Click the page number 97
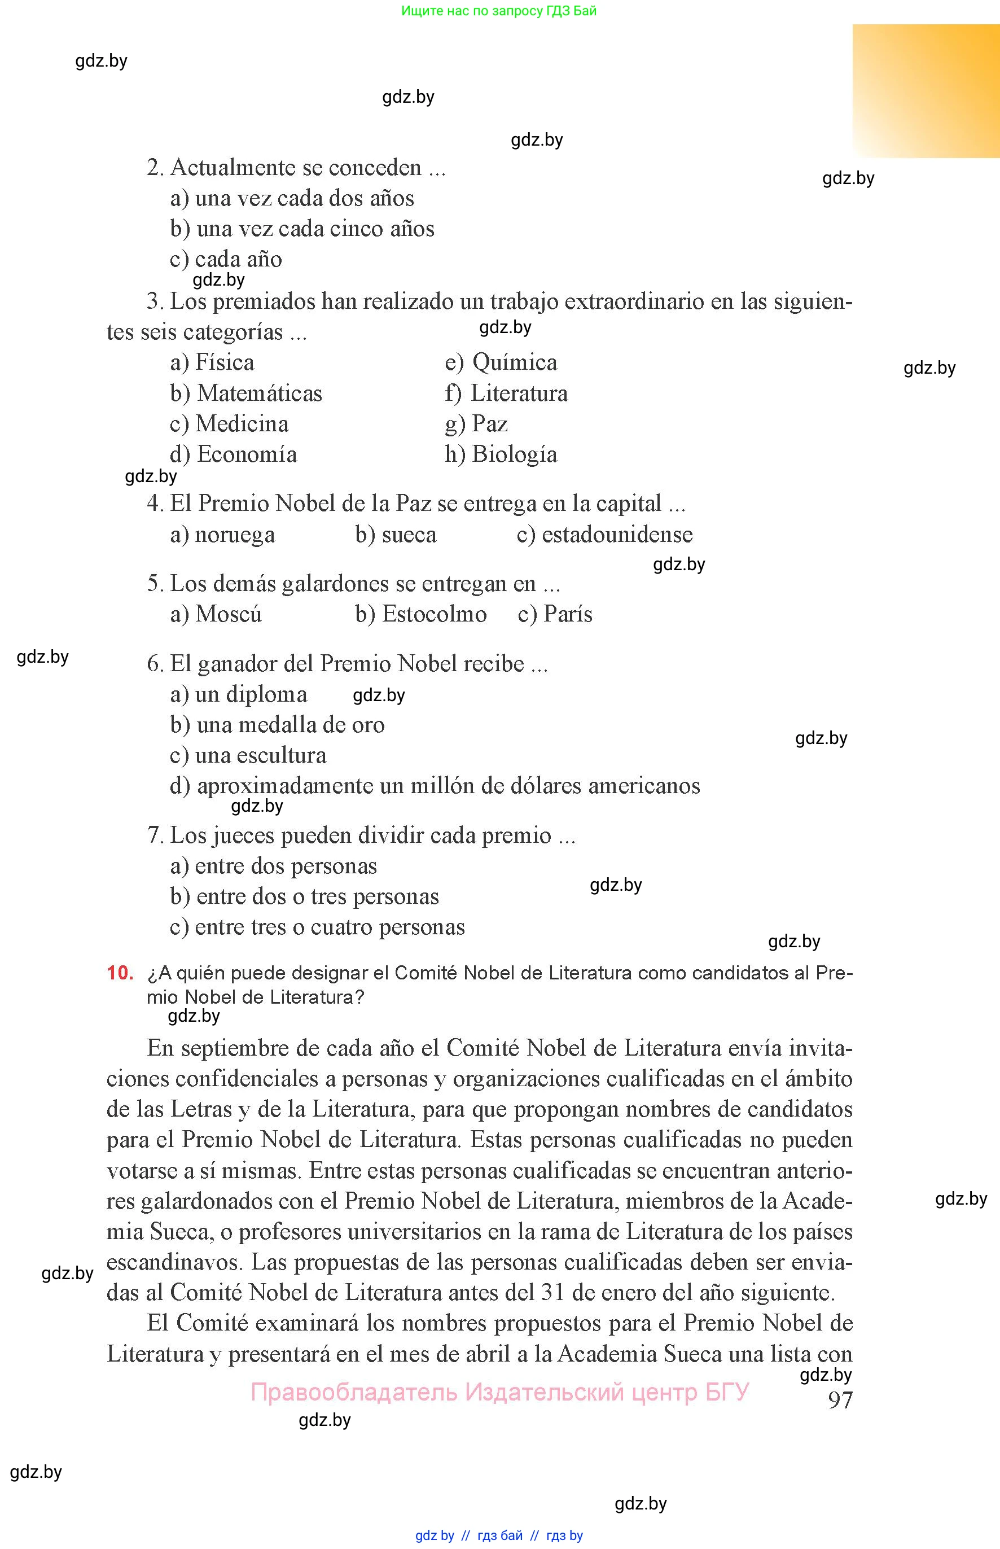coord(840,1399)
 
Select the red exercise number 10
coord(120,973)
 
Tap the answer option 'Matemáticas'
coord(259,393)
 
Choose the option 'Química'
coord(514,362)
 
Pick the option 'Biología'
coord(514,454)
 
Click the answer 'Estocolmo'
coord(434,614)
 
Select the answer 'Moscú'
coord(228,614)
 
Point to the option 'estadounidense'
coord(617,534)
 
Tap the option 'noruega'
coord(234,534)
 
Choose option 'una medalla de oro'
coord(290,724)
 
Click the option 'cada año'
coord(238,259)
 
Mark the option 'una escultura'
coord(260,755)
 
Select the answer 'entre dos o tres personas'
coord(318,896)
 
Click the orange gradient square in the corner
coord(926,91)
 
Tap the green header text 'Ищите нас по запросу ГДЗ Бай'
coord(499,10)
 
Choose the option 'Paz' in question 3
coord(490,423)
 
